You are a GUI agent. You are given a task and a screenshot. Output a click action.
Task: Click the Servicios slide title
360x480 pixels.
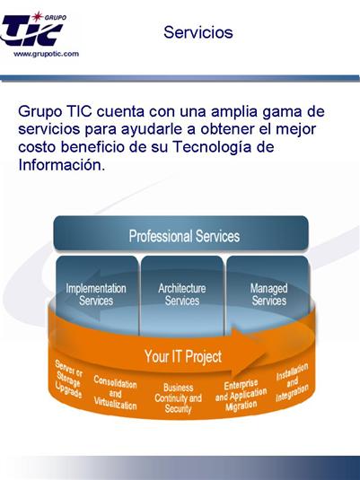pyautogui.click(x=198, y=32)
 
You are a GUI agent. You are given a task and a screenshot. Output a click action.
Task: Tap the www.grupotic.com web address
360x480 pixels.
pyautogui.click(x=47, y=54)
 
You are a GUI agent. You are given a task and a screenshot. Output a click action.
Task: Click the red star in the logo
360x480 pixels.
pyautogui.click(x=38, y=16)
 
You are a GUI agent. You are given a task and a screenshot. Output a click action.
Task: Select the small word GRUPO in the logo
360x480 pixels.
pyautogui.click(x=56, y=17)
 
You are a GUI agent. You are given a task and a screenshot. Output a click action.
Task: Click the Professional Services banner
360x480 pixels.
pyautogui.click(x=180, y=233)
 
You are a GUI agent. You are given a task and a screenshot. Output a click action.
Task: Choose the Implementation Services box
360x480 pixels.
pyautogui.click(x=97, y=294)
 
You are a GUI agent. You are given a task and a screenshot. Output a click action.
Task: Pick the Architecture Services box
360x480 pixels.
pyautogui.click(x=182, y=294)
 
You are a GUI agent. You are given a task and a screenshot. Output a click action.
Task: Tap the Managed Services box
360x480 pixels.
pyautogui.click(x=268, y=294)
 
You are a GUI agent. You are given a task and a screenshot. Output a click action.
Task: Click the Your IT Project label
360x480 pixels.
pyautogui.click(x=183, y=356)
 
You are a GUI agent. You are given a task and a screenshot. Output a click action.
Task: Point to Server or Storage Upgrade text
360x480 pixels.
pyautogui.click(x=68, y=379)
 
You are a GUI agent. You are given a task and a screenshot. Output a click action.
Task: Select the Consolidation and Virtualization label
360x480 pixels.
pyautogui.click(x=115, y=393)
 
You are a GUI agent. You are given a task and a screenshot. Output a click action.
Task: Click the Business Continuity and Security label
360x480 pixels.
pyautogui.click(x=178, y=398)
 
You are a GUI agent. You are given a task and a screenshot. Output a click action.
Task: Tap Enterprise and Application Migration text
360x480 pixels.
pyautogui.click(x=241, y=396)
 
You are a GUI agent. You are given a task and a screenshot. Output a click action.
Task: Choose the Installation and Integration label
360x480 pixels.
pyautogui.click(x=292, y=382)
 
